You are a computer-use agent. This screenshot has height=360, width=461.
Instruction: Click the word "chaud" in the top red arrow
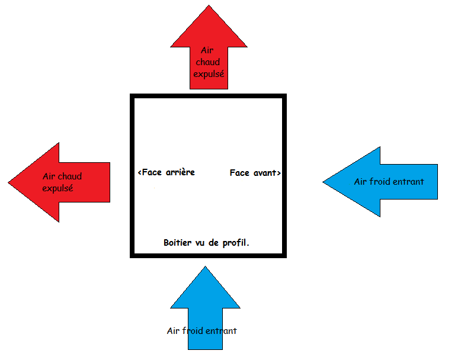coord(209,63)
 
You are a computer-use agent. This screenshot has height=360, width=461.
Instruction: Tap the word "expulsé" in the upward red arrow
coord(209,75)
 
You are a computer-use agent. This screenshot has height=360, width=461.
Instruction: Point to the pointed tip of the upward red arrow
coord(209,7)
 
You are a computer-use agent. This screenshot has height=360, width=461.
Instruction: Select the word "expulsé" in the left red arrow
coord(57,188)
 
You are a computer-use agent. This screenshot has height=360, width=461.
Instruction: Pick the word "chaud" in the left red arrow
coord(70,176)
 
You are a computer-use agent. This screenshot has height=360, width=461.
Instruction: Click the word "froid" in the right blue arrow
coord(383,181)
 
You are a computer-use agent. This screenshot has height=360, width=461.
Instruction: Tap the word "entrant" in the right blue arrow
coord(411,181)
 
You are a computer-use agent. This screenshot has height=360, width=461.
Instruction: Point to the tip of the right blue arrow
coord(324,182)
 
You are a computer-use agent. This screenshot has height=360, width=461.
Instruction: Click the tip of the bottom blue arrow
coord(205,268)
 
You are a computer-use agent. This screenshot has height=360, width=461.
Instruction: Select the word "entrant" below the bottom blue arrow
coord(222,331)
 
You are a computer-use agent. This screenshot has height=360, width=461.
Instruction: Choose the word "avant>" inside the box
coord(266,173)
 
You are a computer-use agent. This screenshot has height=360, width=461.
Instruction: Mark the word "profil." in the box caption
coord(241,243)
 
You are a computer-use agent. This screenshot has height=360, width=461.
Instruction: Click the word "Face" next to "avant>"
coord(239,173)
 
